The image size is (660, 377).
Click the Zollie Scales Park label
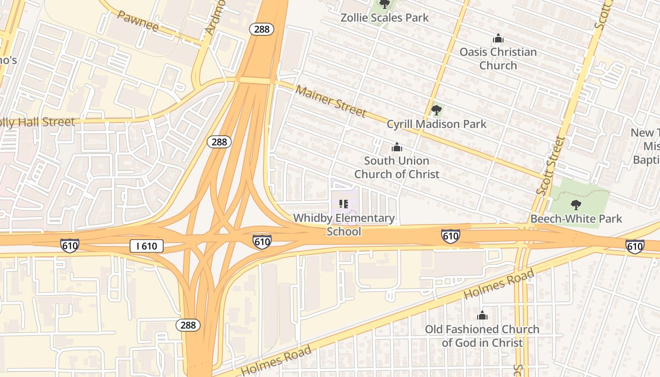coord(385,18)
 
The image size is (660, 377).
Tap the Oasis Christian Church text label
coord(498,58)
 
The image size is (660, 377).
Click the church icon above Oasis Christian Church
coord(498,38)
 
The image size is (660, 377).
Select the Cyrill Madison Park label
coord(436,124)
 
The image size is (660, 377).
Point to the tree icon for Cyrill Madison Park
coord(436,111)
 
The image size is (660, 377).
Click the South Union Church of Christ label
coord(396,167)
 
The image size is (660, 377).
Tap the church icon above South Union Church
coord(396,148)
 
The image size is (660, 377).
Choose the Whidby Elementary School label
coord(344,224)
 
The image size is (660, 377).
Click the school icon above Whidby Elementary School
coord(344,204)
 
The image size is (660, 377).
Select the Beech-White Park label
coord(576,219)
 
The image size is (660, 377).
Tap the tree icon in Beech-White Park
coord(576,205)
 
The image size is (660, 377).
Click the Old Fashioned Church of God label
coord(482,336)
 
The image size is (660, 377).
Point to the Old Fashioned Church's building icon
coord(482,315)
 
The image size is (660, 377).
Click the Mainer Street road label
coord(330,100)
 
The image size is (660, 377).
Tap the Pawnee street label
coord(137,21)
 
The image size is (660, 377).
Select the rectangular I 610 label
coord(147,246)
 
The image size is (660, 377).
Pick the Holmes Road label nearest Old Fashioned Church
coord(499,284)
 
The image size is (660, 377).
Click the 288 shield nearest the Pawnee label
coord(262,29)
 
